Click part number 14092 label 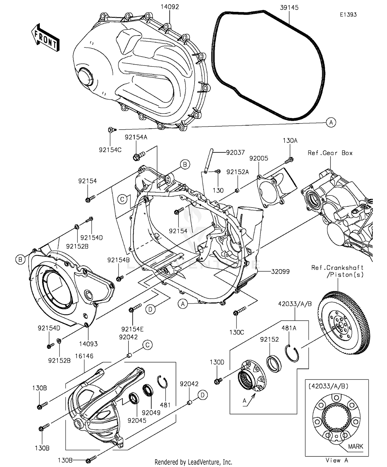(x=170, y=7)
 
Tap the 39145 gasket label (x=289, y=7)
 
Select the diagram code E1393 (x=348, y=15)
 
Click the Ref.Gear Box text (x=330, y=153)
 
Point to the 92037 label (x=235, y=153)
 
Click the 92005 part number (x=259, y=158)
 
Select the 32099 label (x=280, y=272)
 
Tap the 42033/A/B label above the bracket (x=295, y=304)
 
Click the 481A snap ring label (x=289, y=328)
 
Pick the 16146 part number (x=84, y=356)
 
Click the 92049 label (x=151, y=413)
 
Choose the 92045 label (x=137, y=421)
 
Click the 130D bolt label (x=217, y=362)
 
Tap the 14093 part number (x=88, y=344)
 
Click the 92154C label (x=110, y=150)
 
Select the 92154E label (x=132, y=329)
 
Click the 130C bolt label (x=237, y=332)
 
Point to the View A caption (x=337, y=460)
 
